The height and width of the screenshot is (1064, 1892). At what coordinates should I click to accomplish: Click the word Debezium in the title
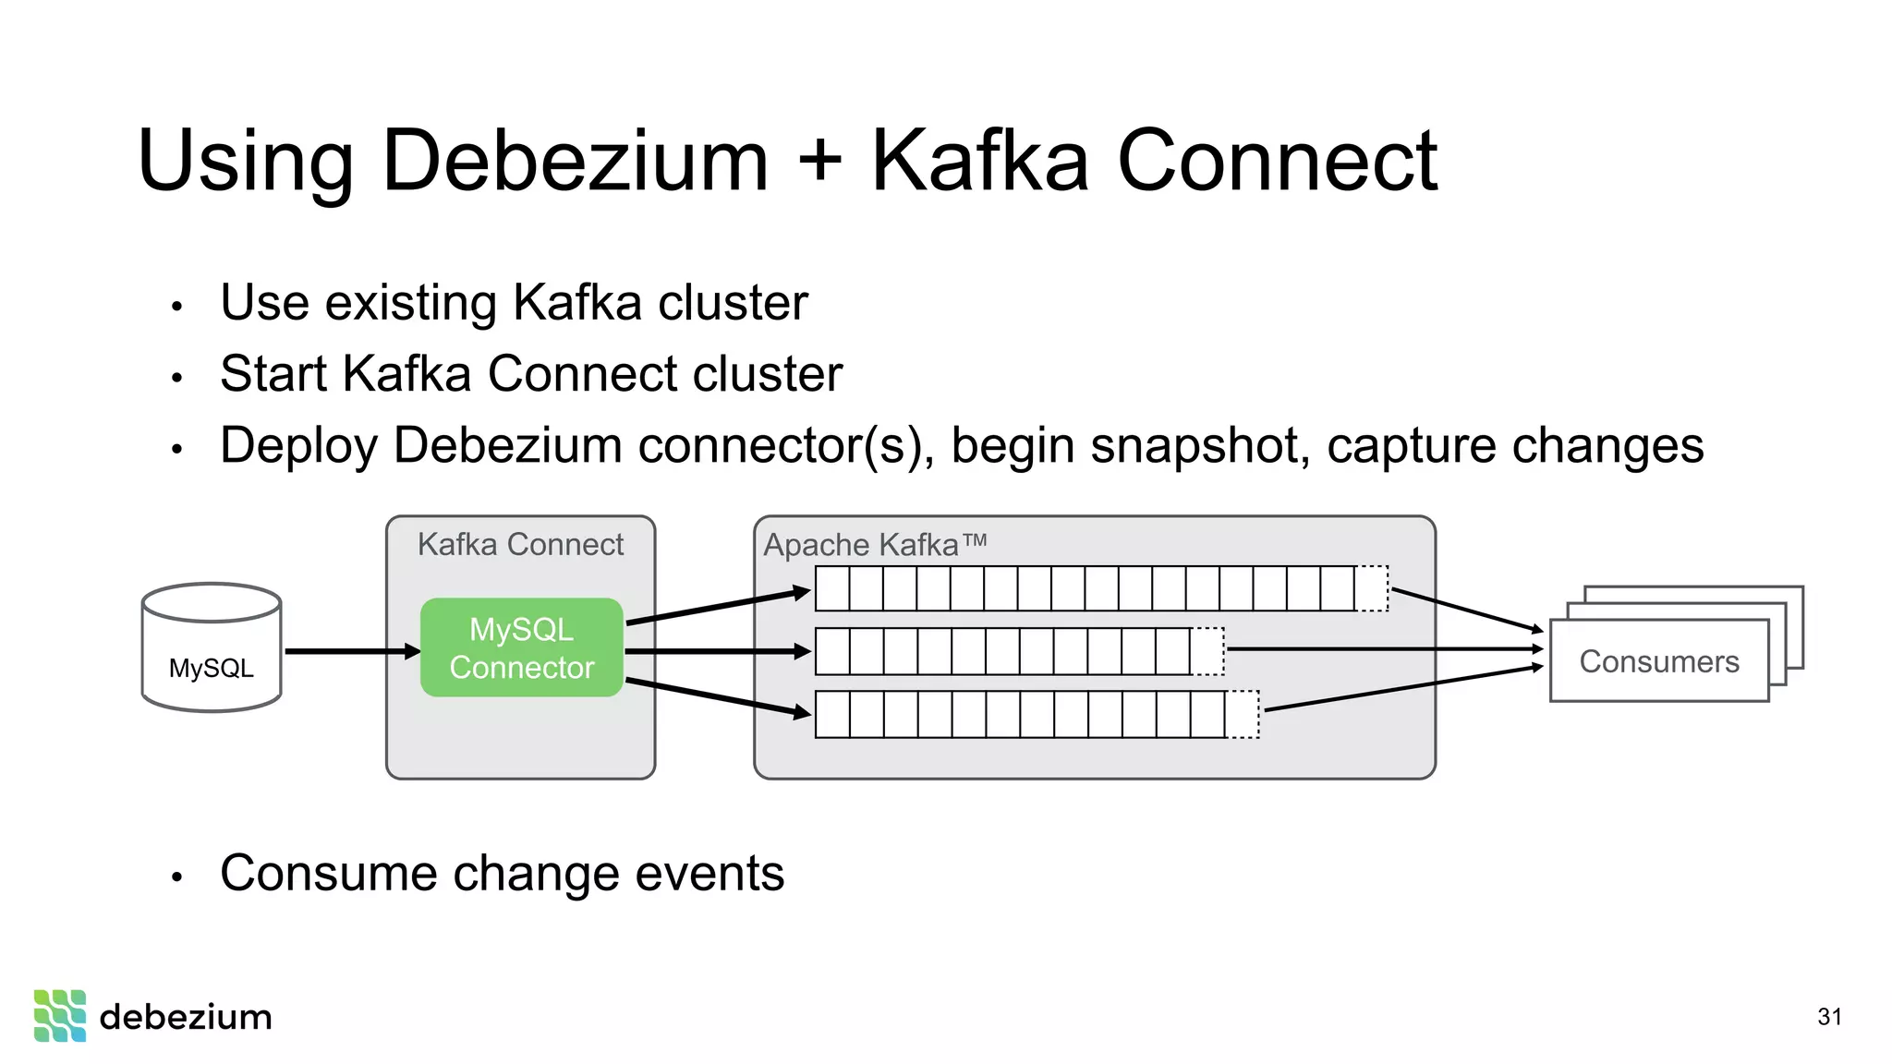[574, 162]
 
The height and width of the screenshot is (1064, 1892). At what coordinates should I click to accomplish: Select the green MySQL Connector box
[522, 647]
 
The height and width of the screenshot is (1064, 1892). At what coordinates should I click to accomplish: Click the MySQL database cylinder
[212, 648]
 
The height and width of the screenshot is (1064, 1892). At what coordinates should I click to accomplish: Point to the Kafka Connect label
[520, 544]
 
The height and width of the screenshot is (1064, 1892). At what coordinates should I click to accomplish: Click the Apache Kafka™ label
[874, 545]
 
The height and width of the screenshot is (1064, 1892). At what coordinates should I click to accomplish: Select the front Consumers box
[1658, 661]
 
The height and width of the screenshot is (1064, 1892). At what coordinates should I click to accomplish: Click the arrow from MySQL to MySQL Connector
[351, 651]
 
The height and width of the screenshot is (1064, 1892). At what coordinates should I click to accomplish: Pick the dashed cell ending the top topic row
[1371, 588]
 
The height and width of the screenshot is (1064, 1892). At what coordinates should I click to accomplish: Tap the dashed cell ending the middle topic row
[1207, 651]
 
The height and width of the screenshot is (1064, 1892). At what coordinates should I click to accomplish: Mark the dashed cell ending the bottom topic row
[1242, 714]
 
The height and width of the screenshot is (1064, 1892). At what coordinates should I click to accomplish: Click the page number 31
[1829, 1017]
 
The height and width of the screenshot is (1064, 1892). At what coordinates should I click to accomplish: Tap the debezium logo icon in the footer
[60, 1016]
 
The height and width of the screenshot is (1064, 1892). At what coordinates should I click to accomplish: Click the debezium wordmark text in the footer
[186, 1017]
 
